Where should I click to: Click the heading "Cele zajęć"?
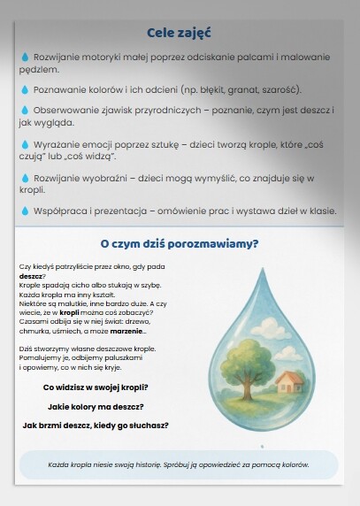point(179,34)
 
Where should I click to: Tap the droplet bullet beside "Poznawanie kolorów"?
point(25,90)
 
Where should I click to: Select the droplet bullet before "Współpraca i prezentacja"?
point(25,211)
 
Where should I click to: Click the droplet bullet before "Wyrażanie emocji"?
point(25,143)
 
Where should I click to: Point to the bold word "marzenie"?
point(126,331)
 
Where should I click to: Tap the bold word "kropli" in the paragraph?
point(70,313)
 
